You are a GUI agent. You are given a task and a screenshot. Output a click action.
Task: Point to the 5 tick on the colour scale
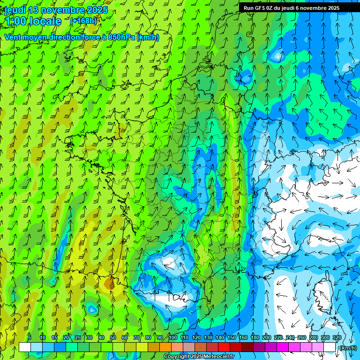[x=30, y=338]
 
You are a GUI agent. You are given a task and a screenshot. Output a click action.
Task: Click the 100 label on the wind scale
[x=172, y=338]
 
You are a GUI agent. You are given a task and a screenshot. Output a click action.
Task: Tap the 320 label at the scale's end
[x=337, y=338]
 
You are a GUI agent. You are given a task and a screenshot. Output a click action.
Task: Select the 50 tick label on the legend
[x=113, y=338]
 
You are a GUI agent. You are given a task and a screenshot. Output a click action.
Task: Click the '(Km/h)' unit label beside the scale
[x=347, y=347]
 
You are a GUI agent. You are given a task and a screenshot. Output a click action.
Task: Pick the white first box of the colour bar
[x=25, y=347]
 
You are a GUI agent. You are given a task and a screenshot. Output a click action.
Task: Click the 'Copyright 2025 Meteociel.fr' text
[x=199, y=357]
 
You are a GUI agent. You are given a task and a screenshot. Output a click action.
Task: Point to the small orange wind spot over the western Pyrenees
[x=110, y=283]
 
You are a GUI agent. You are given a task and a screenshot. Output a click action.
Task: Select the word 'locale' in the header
[x=45, y=21]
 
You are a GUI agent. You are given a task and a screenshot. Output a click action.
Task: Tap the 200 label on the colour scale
[x=267, y=338]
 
